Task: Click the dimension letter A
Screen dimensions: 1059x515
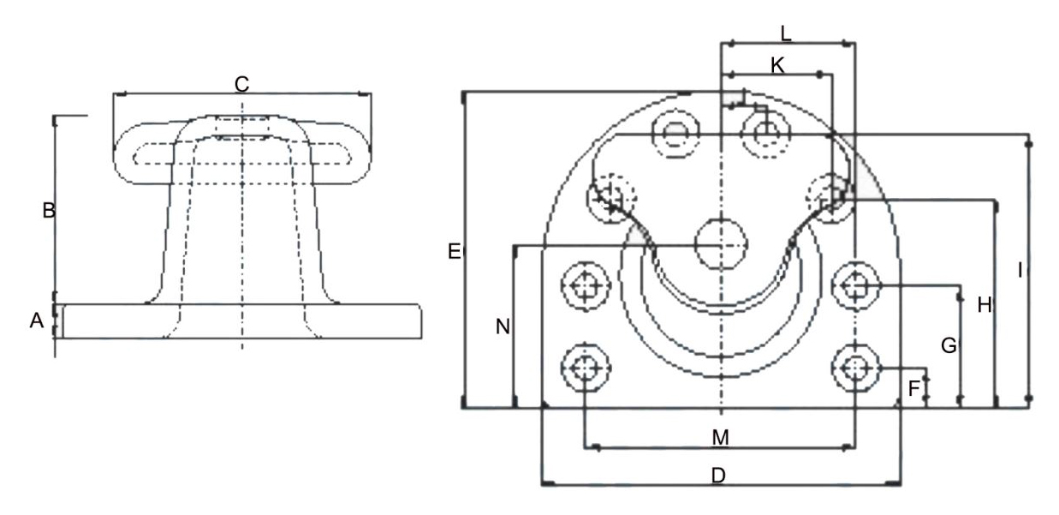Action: pos(37,320)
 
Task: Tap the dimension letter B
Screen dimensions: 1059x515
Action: pos(49,210)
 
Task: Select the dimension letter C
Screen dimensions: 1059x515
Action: pos(241,84)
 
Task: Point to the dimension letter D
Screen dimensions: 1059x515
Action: pos(718,476)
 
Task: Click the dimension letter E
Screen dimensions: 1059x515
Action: pos(454,251)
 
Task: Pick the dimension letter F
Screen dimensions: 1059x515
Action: pos(913,388)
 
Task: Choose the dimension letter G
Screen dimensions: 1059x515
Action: pos(949,345)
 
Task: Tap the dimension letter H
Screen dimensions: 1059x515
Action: pos(985,305)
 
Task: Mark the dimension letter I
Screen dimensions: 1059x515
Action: pos(1020,270)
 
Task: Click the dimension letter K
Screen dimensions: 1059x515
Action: pos(777,66)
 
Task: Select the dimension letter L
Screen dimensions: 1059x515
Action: pos(785,33)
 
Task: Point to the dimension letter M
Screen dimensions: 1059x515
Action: pos(720,438)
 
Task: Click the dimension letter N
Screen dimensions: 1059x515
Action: pos(503,326)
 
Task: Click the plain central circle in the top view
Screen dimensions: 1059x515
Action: pos(721,245)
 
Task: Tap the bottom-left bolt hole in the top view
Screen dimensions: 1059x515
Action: pos(586,368)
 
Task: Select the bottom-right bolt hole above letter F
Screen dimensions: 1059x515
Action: pos(855,368)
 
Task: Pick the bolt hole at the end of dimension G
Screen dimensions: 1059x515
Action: pos(855,286)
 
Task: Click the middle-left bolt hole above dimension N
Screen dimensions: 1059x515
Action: pos(586,286)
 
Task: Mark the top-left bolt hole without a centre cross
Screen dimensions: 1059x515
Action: pos(675,135)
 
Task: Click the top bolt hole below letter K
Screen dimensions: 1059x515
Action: pos(766,135)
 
